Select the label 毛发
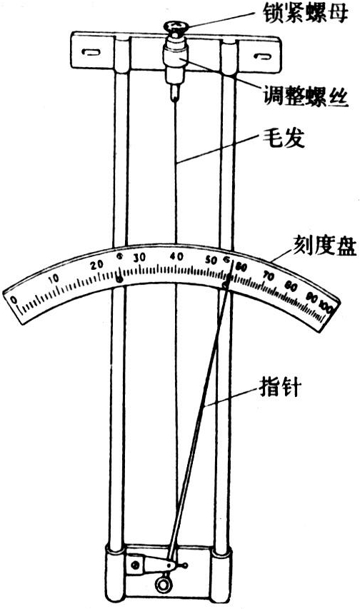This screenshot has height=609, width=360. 284,138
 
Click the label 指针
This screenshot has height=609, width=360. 280,386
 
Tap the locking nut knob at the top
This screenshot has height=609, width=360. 176,28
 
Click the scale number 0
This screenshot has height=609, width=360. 14,299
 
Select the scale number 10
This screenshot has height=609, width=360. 54,278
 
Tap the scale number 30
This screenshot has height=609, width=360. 139,258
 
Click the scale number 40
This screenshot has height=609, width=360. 176,256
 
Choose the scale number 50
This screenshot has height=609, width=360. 211,260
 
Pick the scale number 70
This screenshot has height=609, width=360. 269,276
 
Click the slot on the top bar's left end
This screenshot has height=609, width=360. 91,52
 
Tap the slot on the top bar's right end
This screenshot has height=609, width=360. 262,56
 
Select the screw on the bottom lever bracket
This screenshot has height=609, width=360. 135,564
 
